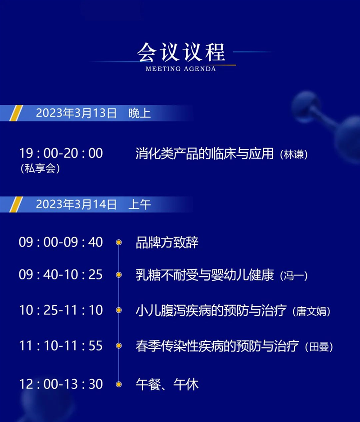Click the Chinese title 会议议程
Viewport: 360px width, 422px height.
180,52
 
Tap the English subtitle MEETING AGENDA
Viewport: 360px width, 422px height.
180,69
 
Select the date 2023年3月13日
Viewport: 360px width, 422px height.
76,113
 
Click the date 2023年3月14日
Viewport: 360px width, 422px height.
76,204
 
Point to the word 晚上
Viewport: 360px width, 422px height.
139,113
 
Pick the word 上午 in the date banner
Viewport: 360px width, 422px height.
139,204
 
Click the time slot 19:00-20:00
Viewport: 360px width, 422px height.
61,153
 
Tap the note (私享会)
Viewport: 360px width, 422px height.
40,168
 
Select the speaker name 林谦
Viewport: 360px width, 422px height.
294,154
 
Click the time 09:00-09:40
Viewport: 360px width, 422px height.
61,242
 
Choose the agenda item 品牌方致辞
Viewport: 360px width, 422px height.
167,242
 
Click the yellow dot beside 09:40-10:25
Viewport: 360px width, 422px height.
119,275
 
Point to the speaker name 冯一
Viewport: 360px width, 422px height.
294,276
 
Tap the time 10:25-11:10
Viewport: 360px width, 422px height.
61,310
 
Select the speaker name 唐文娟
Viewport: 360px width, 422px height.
311,311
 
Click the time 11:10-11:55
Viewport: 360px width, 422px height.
61,346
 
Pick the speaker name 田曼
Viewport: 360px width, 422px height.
319,347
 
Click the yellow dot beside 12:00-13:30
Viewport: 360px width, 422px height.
119,384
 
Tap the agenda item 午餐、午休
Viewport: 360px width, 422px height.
167,384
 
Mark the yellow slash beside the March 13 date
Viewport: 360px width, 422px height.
16,113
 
